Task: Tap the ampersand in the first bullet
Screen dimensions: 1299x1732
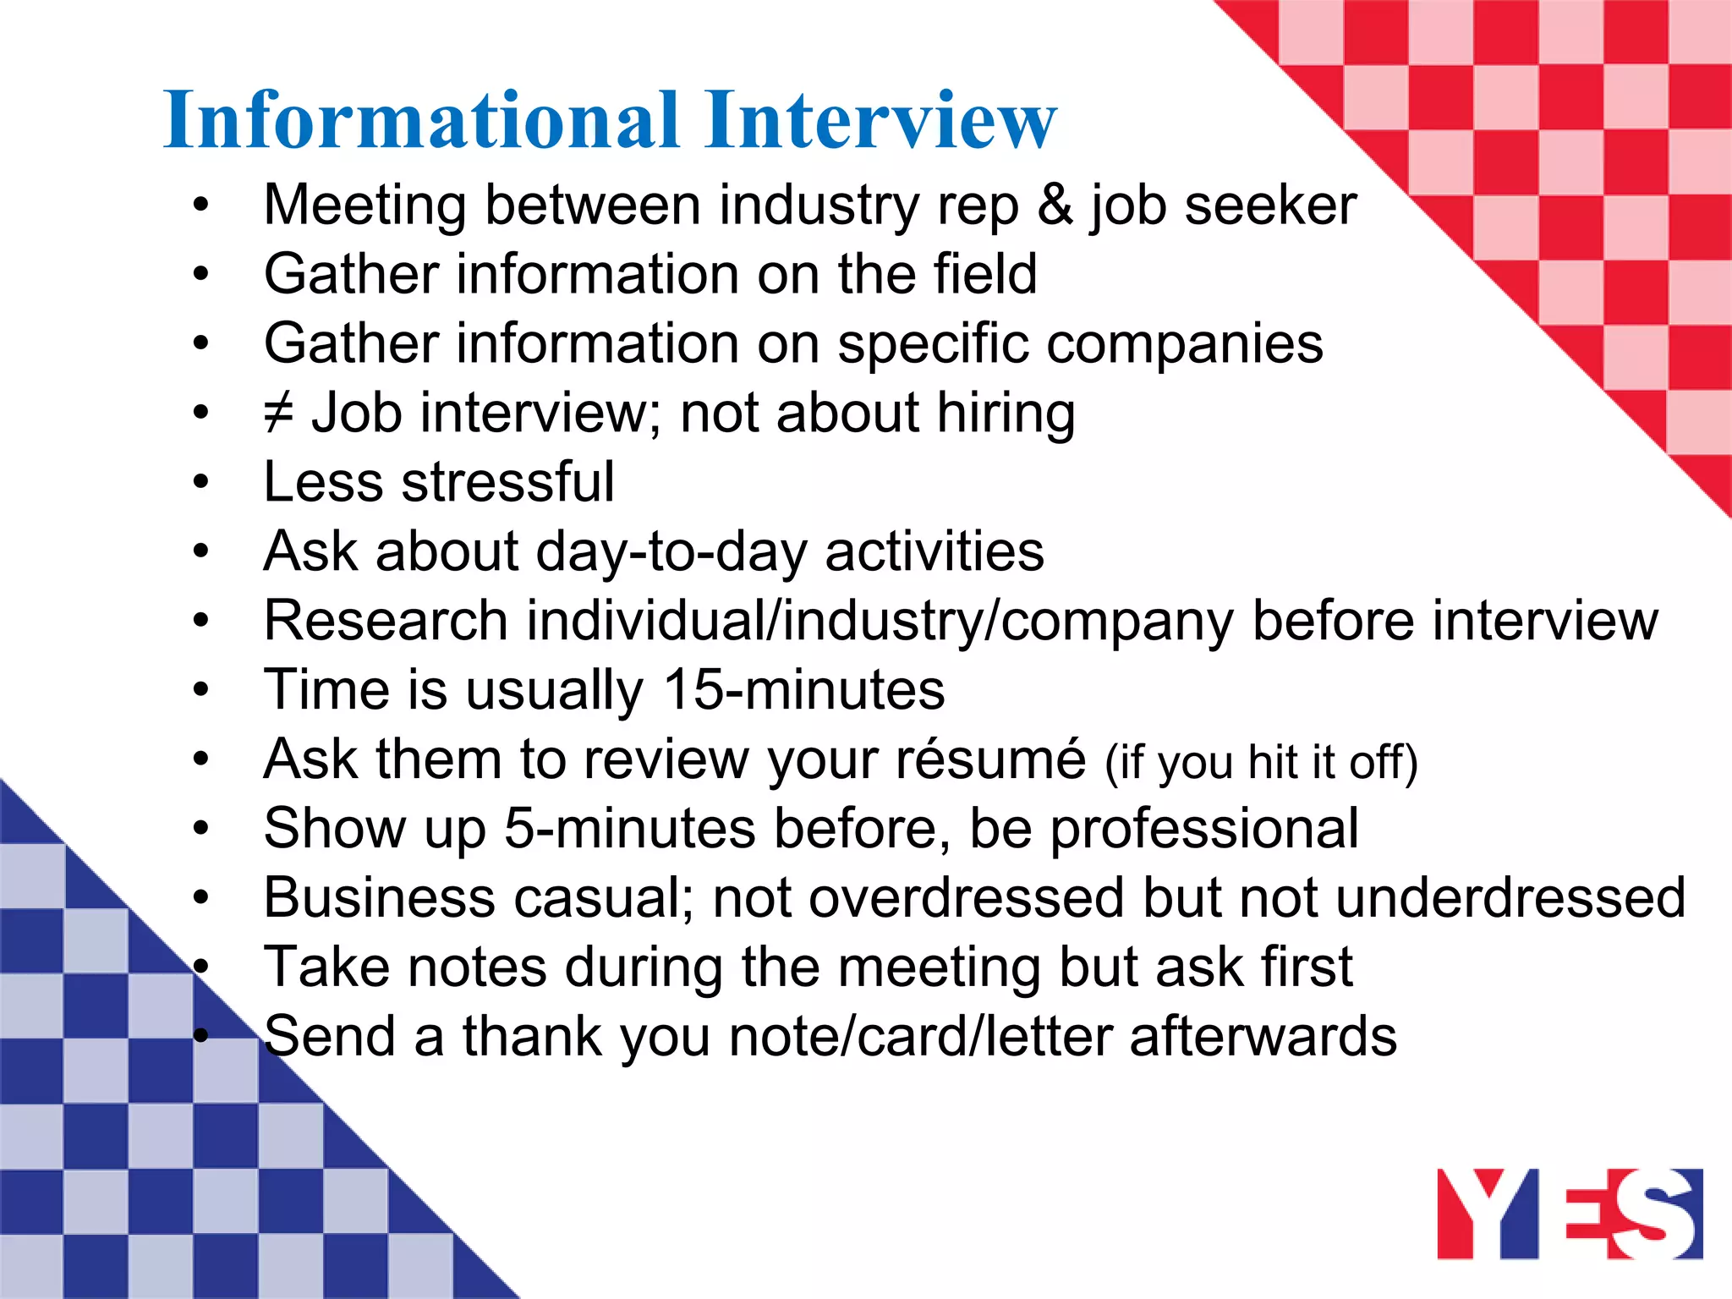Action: [x=1055, y=206]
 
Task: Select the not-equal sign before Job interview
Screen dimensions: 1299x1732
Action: [x=278, y=414]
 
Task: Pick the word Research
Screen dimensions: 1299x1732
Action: [x=386, y=621]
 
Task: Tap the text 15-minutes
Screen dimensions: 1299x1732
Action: [x=803, y=690]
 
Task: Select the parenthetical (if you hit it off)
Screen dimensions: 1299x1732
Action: [x=1261, y=762]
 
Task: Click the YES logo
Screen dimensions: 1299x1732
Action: [x=1570, y=1214]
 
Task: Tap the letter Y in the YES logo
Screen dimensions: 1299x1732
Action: [x=1472, y=1214]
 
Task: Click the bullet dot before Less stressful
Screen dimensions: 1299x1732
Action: [x=200, y=482]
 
